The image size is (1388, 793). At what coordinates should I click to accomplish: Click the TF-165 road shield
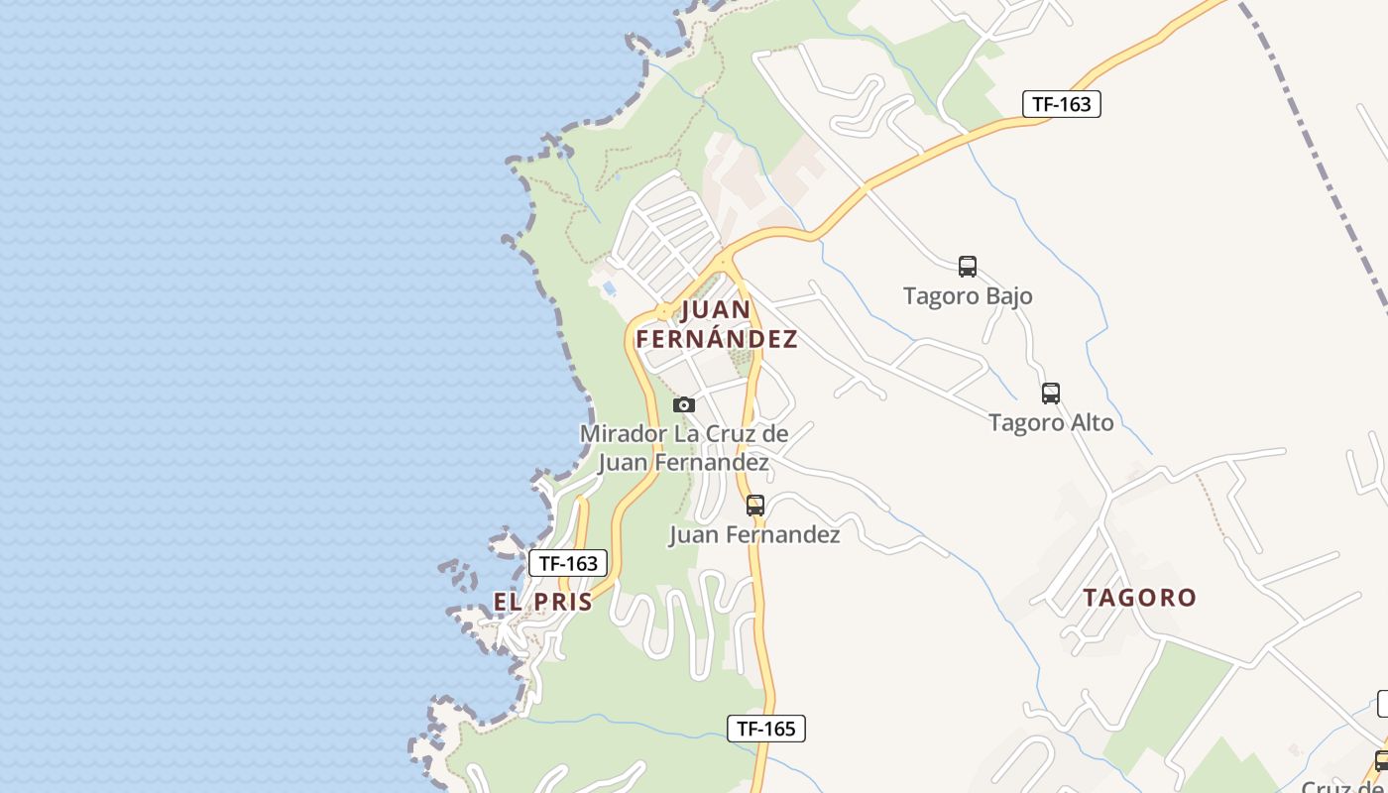[765, 729]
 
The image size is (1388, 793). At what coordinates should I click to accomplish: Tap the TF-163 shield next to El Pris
[568, 563]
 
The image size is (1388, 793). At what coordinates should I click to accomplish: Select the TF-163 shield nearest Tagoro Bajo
[1061, 103]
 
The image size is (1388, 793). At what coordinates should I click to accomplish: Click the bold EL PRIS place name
[543, 602]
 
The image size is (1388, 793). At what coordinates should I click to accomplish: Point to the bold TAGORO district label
[1139, 598]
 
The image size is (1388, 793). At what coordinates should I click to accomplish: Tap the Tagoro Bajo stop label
[968, 295]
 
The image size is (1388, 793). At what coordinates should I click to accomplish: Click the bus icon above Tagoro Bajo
[968, 266]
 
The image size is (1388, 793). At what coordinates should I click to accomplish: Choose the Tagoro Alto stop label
[1051, 422]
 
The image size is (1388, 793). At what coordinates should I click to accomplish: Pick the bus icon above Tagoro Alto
[1051, 394]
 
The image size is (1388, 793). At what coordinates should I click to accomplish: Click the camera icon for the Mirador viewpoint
[684, 404]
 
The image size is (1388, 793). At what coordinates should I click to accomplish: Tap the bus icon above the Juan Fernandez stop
[755, 506]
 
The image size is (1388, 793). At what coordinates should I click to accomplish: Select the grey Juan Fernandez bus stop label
[754, 535]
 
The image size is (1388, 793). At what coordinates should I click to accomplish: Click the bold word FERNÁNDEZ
[716, 339]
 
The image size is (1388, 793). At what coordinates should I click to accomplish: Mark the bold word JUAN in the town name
[717, 310]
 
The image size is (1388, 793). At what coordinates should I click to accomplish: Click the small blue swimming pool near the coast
[609, 288]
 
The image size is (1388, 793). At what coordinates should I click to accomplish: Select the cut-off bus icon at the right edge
[1381, 761]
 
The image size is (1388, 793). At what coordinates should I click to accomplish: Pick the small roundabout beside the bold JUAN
[663, 313]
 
